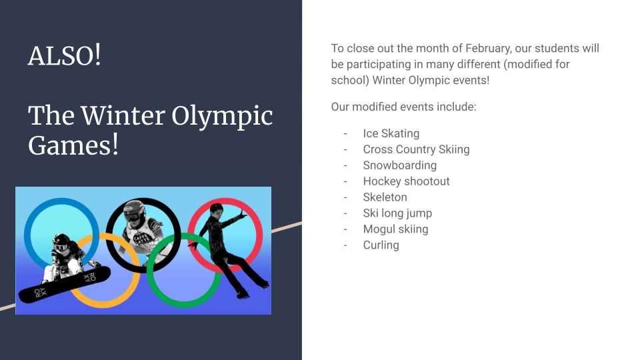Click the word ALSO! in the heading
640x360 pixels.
point(65,55)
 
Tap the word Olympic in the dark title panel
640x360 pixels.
point(222,116)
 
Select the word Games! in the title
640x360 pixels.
point(73,145)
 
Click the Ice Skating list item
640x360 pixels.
point(391,133)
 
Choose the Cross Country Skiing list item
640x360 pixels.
point(416,149)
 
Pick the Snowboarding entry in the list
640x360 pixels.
point(399,165)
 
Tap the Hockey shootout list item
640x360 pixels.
point(406,181)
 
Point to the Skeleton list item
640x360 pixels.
point(385,197)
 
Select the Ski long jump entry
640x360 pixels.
point(397,213)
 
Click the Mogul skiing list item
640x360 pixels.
point(395,229)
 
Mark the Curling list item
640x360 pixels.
point(381,245)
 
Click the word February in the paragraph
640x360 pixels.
point(488,49)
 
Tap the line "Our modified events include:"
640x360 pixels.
point(404,107)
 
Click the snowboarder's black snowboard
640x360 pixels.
point(65,285)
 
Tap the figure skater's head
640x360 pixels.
point(216,210)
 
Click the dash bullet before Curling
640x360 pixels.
point(345,245)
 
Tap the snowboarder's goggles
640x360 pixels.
point(61,247)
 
